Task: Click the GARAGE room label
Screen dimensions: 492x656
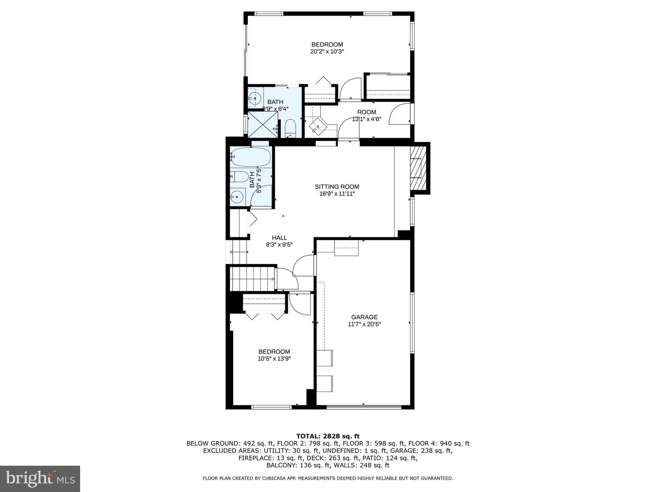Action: click(364, 317)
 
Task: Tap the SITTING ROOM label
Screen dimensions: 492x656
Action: click(337, 186)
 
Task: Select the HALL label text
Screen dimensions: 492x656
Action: click(279, 237)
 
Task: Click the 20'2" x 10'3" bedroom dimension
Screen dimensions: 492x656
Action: click(327, 51)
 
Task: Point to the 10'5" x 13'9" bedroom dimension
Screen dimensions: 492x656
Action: click(274, 359)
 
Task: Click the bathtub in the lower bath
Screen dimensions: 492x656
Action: click(250, 158)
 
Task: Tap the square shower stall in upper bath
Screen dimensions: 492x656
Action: click(263, 123)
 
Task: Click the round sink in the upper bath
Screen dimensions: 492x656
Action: click(254, 97)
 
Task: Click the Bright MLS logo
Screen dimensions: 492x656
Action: click(40, 478)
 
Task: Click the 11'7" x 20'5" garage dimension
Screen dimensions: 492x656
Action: click(364, 324)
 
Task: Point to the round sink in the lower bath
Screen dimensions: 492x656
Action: click(236, 197)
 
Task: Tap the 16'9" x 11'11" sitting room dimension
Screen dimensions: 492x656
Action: click(337, 194)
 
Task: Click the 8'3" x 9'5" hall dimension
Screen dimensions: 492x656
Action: click(279, 245)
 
